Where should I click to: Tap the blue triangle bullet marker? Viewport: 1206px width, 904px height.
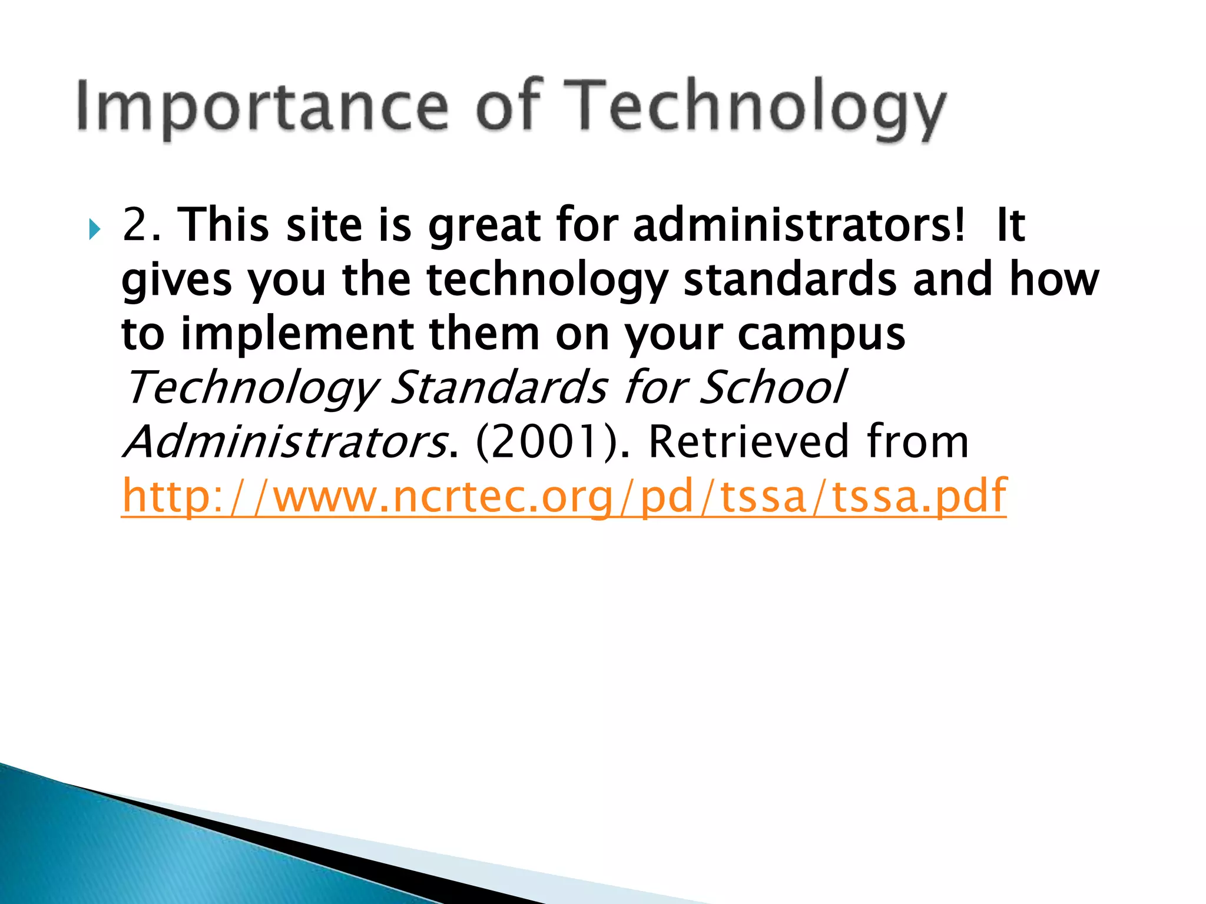click(95, 230)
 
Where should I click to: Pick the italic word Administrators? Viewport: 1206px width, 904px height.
click(286, 441)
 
